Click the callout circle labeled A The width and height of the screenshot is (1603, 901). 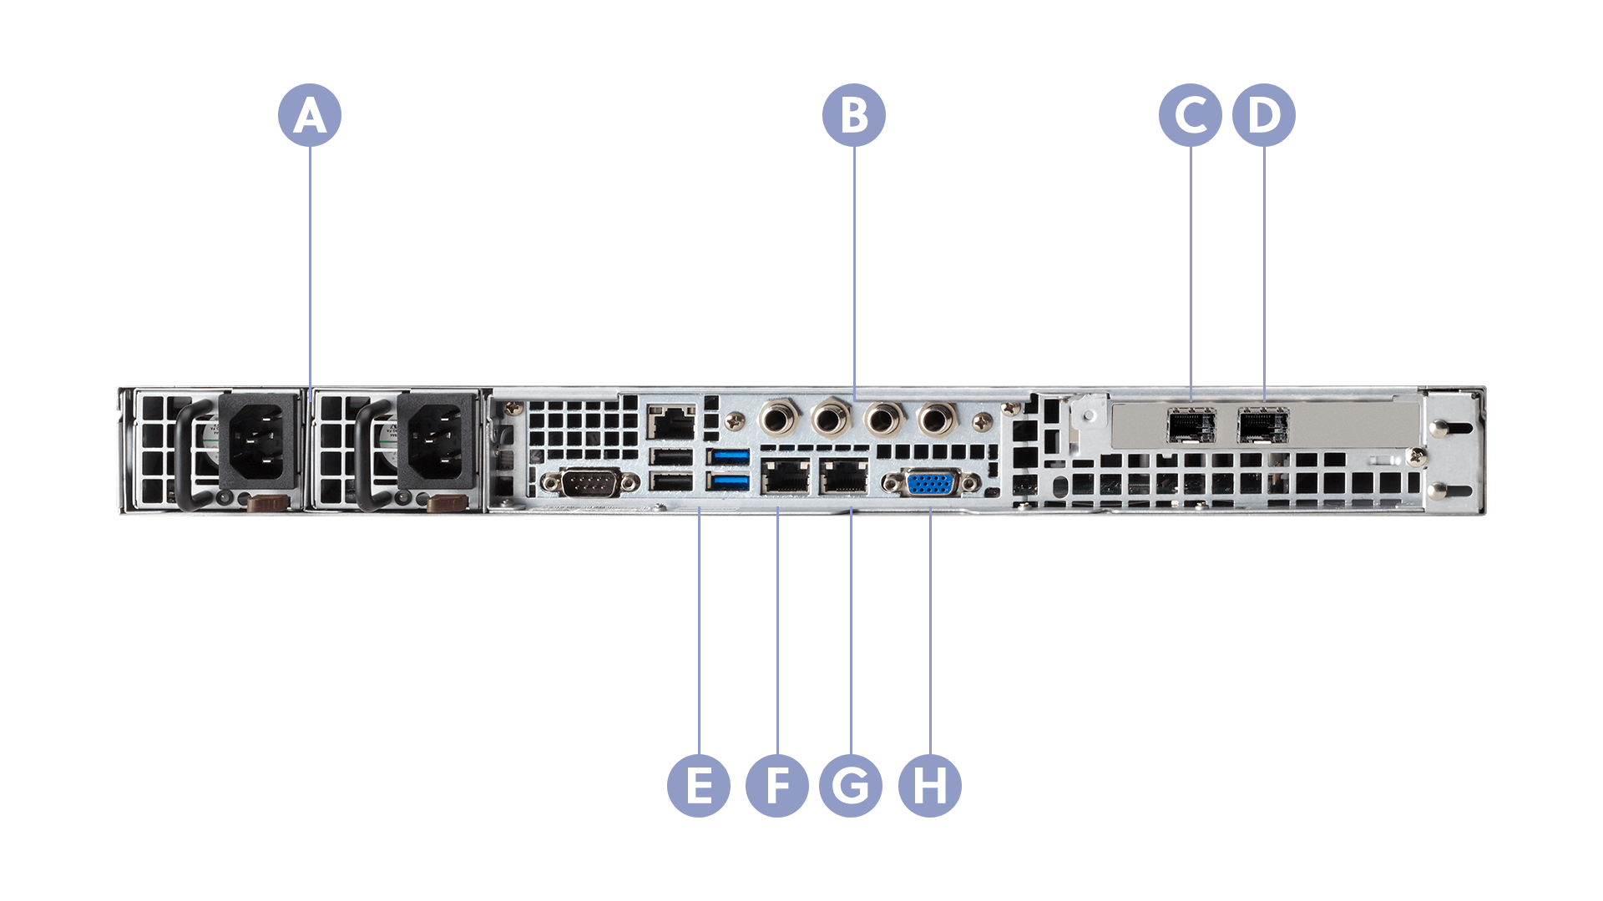pyautogui.click(x=309, y=115)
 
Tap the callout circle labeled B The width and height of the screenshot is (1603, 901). pyautogui.click(x=853, y=115)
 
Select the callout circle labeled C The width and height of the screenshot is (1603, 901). pyautogui.click(x=1191, y=115)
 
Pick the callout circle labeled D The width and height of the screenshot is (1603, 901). pyautogui.click(x=1263, y=115)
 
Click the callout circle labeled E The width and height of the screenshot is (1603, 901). pyautogui.click(x=699, y=785)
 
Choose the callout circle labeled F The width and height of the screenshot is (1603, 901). pyautogui.click(x=776, y=785)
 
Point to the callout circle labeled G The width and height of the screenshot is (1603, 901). pyautogui.click(x=850, y=785)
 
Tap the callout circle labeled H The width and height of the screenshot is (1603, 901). pyautogui.click(x=929, y=785)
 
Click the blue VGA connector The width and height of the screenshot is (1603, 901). pyautogui.click(x=931, y=484)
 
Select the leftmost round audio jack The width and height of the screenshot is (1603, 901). pyautogui.click(x=777, y=417)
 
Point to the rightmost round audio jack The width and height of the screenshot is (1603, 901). pyautogui.click(x=936, y=417)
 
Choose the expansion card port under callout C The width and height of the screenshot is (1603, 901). pyautogui.click(x=1191, y=425)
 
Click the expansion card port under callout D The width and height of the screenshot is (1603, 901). pyautogui.click(x=1262, y=425)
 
